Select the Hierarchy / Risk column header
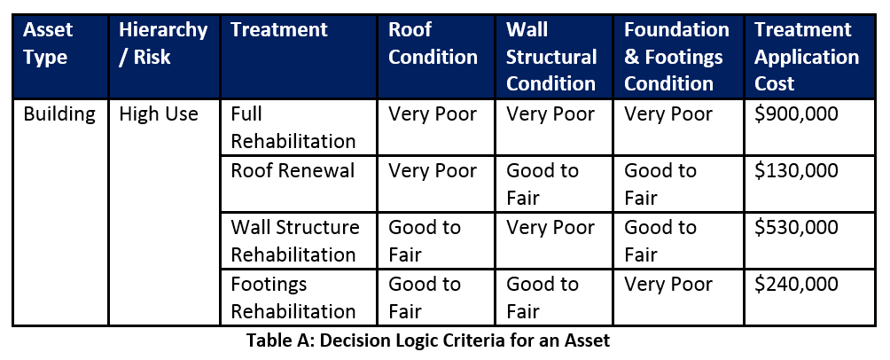163,43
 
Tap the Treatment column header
278,29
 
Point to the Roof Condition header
433,43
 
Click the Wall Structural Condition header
551,56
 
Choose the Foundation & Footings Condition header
676,56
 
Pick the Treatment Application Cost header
807,56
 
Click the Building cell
59,114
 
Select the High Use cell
159,114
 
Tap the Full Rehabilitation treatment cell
293,127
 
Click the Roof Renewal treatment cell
293,171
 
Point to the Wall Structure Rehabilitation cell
295,241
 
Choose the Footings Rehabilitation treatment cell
293,298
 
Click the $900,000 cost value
796,114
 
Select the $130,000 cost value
796,171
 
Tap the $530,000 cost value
796,228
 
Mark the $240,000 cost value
796,285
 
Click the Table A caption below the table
428,340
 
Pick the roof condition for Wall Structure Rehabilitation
425,241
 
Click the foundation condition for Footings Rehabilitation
668,285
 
